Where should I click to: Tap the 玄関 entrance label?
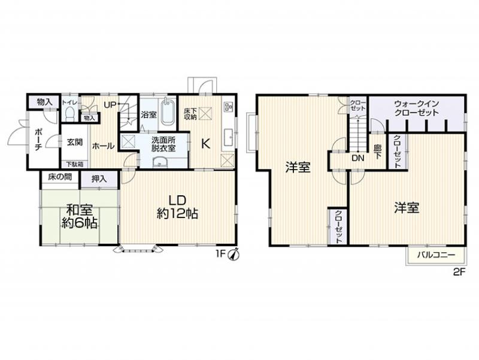[75, 143]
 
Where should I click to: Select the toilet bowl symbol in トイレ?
[69, 114]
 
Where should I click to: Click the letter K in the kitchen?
[205, 144]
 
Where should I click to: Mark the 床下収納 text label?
[188, 113]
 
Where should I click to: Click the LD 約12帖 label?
[177, 207]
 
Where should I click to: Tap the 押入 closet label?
[99, 179]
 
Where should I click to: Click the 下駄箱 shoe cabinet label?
[75, 164]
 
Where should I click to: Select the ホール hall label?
[104, 145]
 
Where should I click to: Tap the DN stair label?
[357, 159]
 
